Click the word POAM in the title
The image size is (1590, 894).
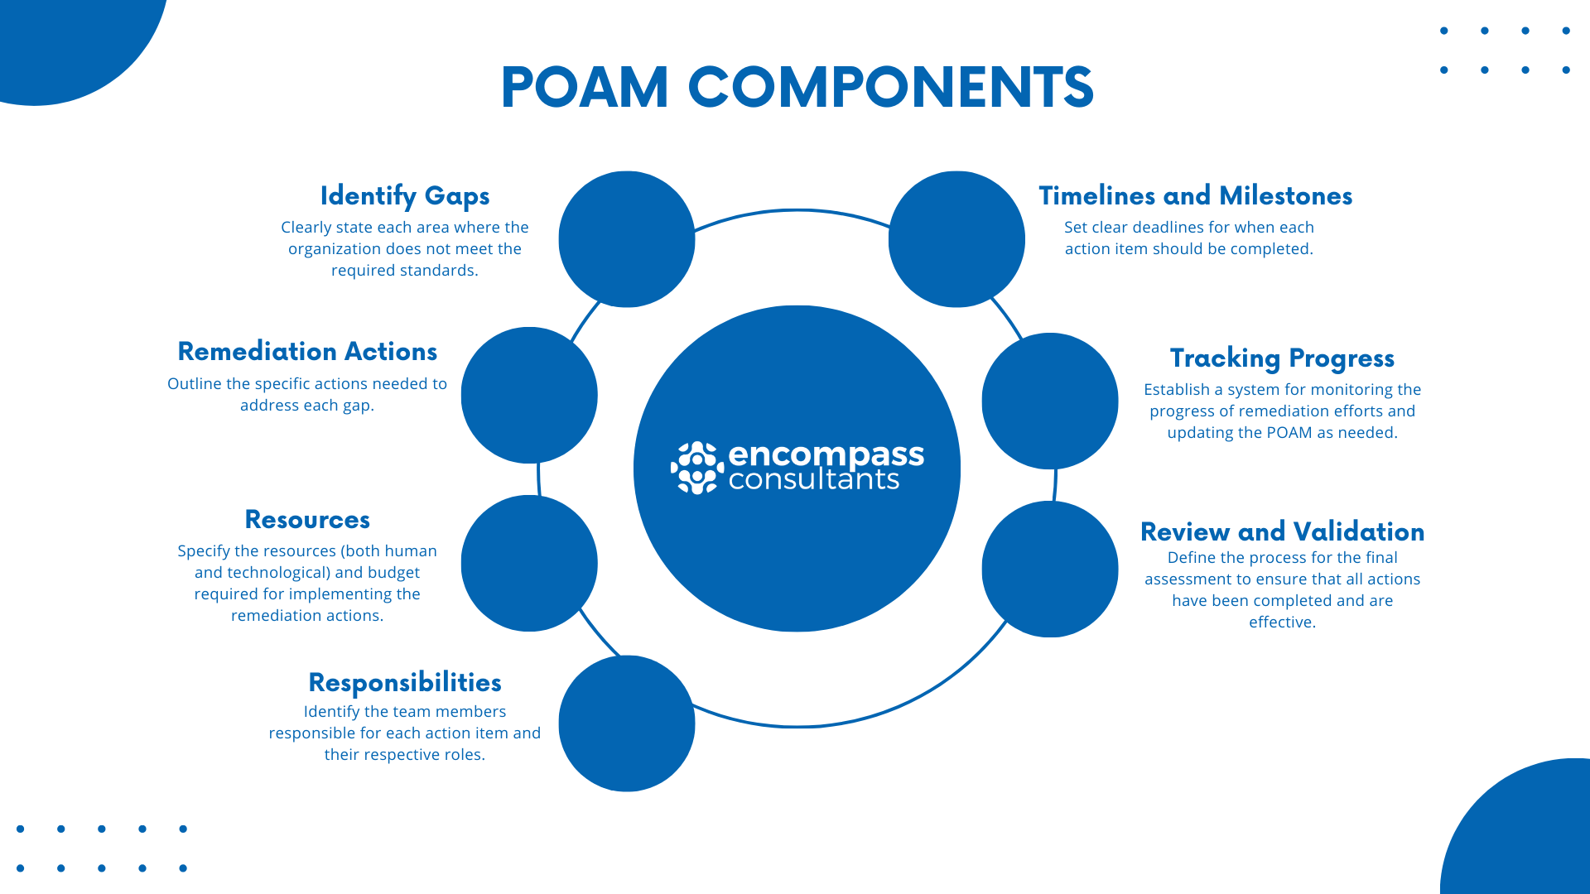click(585, 87)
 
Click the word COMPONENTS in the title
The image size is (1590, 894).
click(890, 87)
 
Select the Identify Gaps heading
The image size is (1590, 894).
click(405, 196)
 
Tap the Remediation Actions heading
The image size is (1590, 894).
click(307, 352)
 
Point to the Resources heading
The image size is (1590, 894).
click(307, 520)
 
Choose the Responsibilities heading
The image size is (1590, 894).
click(405, 683)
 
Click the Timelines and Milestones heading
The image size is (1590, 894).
click(1195, 196)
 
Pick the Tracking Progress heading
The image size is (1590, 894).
click(1282, 358)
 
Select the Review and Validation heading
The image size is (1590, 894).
click(1282, 531)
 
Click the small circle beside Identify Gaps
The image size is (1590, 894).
click(627, 239)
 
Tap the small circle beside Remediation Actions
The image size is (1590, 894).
click(529, 395)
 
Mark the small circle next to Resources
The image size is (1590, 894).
click(529, 563)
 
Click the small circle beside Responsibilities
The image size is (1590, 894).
click(627, 723)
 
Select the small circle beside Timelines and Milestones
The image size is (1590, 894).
click(956, 239)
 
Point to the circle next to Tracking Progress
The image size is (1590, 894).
click(1050, 401)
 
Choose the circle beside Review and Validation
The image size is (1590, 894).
click(1050, 569)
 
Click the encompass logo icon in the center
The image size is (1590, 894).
click(696, 468)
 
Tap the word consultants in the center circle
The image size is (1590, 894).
click(813, 480)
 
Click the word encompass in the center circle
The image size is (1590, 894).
click(826, 454)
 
